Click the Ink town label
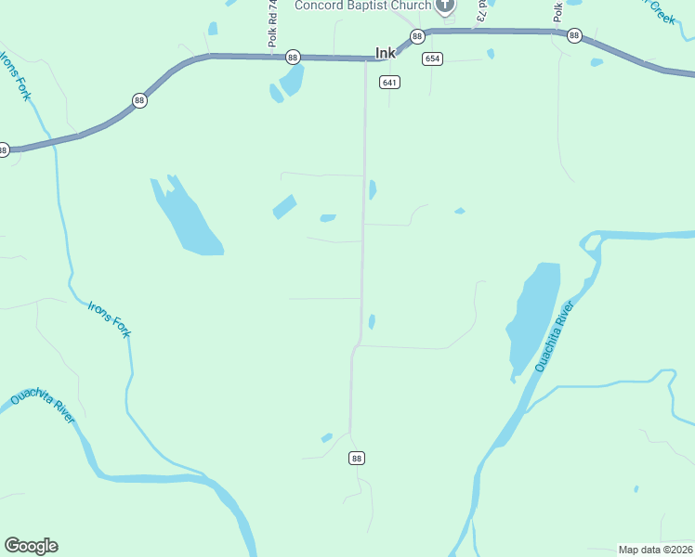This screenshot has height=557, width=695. tap(386, 54)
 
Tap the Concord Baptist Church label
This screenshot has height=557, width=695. tap(363, 6)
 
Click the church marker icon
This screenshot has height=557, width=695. tap(446, 6)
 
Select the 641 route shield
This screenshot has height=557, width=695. tap(389, 83)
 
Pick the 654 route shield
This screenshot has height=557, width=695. tap(432, 58)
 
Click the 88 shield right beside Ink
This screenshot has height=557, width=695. tap(417, 36)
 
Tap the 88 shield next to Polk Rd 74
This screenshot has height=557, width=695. tap(294, 57)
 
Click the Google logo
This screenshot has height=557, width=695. tap(31, 546)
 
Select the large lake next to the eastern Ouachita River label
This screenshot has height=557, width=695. tap(535, 316)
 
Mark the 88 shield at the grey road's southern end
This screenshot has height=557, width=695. tap(358, 458)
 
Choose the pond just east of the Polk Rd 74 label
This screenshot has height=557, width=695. tap(292, 80)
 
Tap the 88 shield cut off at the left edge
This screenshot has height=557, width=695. tap(4, 149)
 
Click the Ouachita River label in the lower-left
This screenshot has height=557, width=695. tap(43, 408)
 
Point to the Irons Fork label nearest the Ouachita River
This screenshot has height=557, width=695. tap(109, 319)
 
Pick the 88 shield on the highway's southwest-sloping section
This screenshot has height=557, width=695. tap(139, 100)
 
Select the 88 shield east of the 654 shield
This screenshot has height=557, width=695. tap(574, 36)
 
